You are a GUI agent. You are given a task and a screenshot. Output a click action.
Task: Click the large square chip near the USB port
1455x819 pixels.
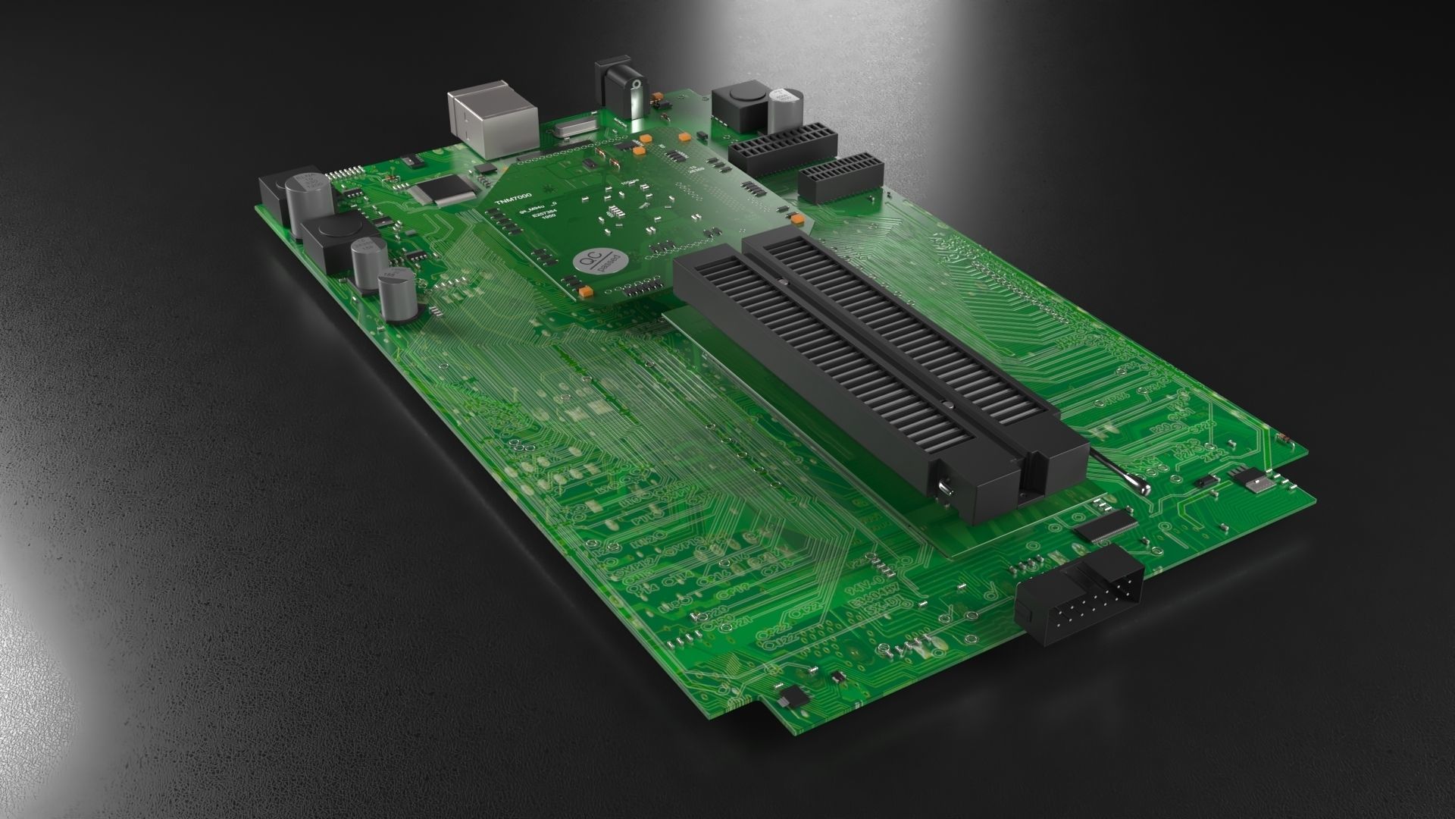pyautogui.click(x=442, y=190)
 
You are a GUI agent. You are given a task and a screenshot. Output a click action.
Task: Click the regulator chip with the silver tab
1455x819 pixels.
pyautogui.click(x=1250, y=479)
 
